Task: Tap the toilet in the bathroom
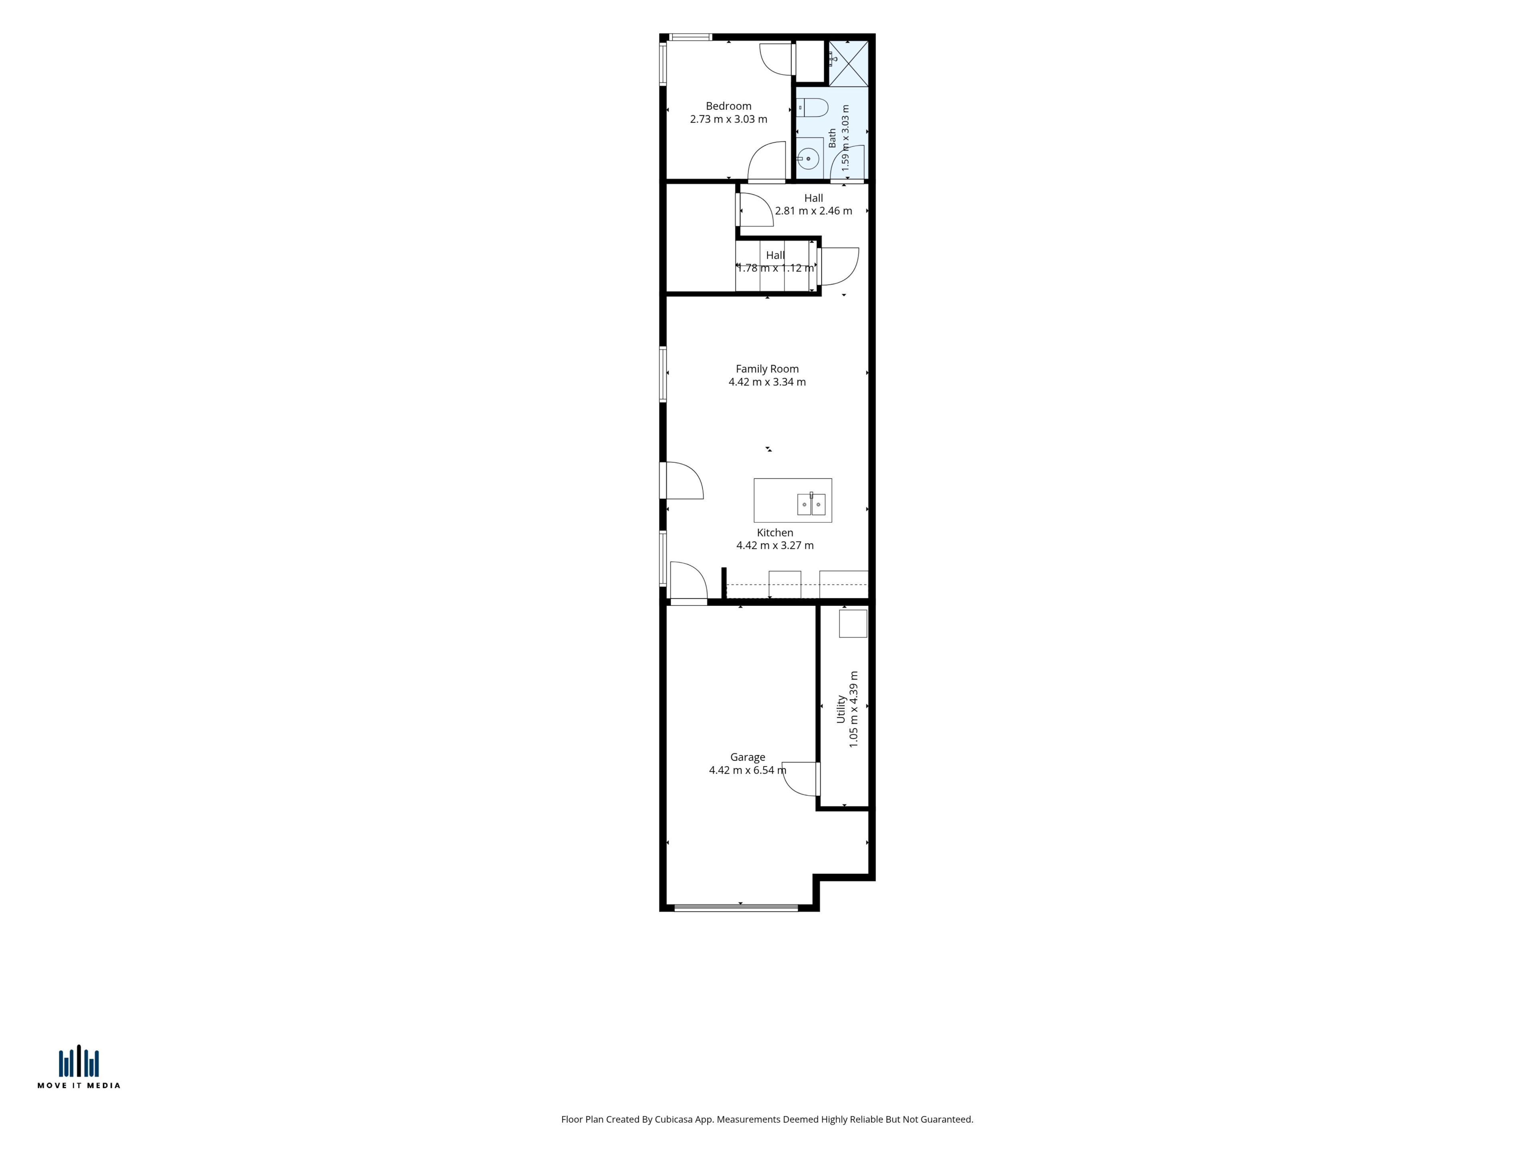812,108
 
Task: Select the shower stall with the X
848,63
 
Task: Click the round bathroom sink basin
808,158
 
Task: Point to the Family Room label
767,369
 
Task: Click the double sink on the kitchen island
811,504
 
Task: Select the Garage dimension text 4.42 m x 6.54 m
748,770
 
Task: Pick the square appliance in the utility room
853,623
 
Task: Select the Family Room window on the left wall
663,374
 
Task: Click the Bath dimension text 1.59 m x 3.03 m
845,138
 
